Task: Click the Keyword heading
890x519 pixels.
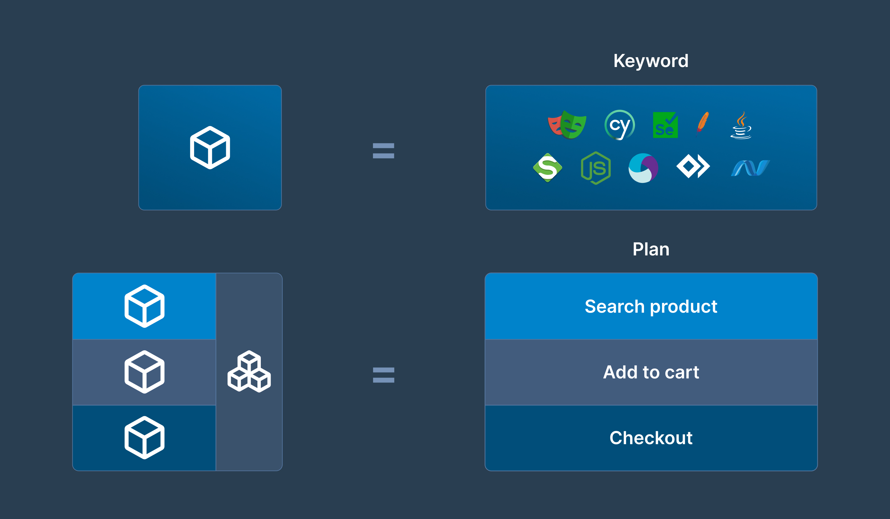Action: (x=651, y=61)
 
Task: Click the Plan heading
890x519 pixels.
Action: (x=651, y=249)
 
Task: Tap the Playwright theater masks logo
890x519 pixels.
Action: (x=567, y=124)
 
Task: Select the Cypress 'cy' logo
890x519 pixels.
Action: (x=620, y=125)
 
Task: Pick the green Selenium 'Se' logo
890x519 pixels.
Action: (x=665, y=125)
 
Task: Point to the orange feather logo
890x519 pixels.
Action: (x=702, y=124)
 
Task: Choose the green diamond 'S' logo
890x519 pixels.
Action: (x=547, y=168)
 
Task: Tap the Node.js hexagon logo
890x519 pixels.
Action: (x=596, y=168)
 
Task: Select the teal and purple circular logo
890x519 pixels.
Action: (x=643, y=168)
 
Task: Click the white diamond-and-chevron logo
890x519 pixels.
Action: (x=693, y=166)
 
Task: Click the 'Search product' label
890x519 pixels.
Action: (x=651, y=306)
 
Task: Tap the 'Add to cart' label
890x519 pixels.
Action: (x=651, y=372)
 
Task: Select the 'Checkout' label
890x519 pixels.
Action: (x=651, y=438)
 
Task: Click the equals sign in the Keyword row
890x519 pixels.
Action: (x=384, y=151)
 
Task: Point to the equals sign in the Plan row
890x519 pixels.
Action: (x=384, y=375)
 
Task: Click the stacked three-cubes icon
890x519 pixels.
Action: (x=249, y=371)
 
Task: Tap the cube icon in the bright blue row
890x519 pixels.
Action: (x=144, y=306)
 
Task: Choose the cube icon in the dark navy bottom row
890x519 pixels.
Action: (x=144, y=438)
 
